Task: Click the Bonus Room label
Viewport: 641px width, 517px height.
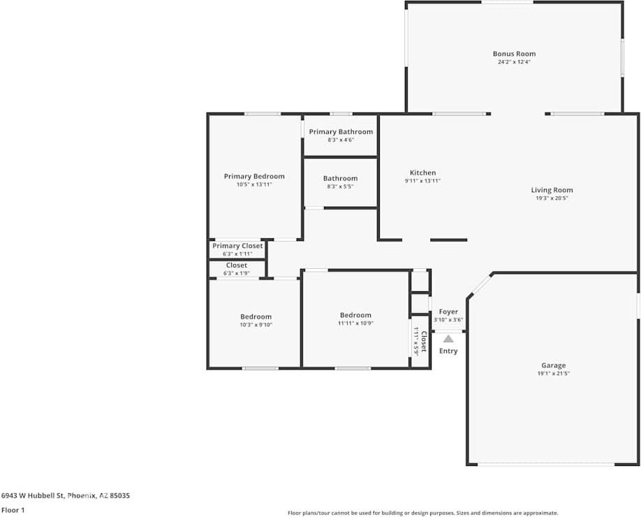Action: (x=514, y=54)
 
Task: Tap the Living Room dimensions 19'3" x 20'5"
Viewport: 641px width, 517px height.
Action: (x=552, y=198)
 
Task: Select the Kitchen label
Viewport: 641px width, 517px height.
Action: (x=422, y=173)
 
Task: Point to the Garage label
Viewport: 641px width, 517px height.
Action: (x=554, y=365)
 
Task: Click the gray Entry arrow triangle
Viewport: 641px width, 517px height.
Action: (x=448, y=339)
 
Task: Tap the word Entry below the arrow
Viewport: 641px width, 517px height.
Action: (x=448, y=351)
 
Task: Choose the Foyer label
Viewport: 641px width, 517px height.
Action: (x=448, y=312)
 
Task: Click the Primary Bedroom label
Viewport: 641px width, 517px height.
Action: (x=254, y=176)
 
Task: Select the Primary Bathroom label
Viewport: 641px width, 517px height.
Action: (x=341, y=132)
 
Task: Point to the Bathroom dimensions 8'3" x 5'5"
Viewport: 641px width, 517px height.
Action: (x=340, y=187)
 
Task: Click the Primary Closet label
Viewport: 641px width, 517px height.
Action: (x=237, y=246)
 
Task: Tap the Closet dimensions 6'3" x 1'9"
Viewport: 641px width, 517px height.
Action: (x=236, y=273)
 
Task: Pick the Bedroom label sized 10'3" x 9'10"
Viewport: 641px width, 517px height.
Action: (x=256, y=316)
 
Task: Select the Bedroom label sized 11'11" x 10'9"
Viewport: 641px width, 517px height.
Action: (x=355, y=315)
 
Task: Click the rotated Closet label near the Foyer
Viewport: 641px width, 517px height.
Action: (x=424, y=342)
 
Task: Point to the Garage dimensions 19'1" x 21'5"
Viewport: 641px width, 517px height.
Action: (x=554, y=374)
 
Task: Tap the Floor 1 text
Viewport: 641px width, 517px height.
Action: (x=13, y=510)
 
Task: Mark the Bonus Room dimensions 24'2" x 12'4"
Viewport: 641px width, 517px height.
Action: (x=514, y=62)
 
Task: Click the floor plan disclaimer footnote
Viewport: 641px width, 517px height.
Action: (x=422, y=513)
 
